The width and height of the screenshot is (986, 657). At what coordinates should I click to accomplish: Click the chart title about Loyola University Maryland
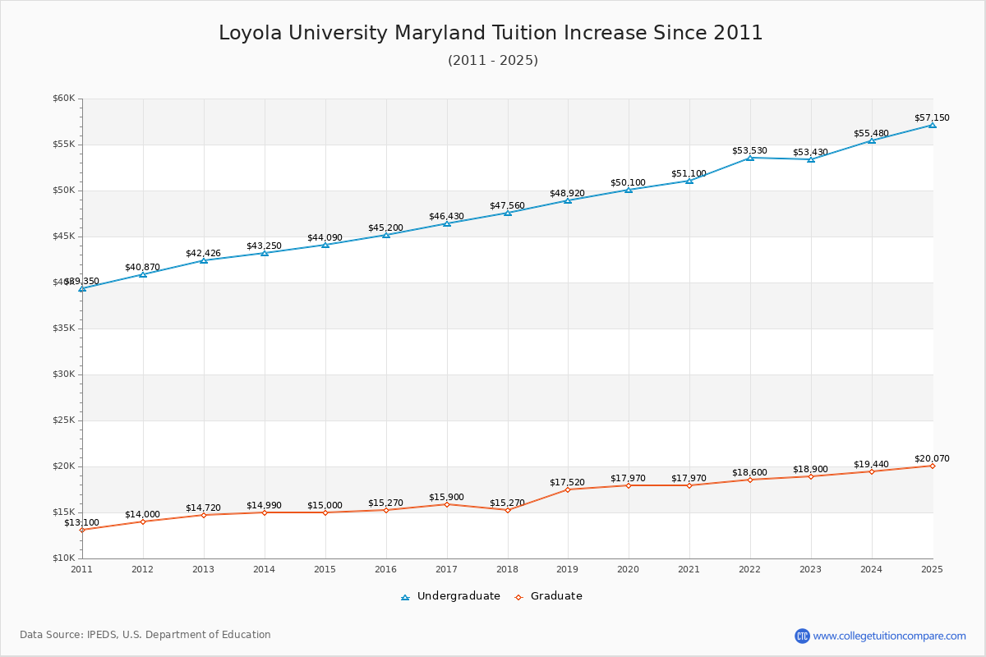click(491, 33)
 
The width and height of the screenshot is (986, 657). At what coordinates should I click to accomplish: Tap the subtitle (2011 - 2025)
click(493, 61)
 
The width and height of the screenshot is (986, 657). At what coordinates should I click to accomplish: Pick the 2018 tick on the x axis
click(507, 568)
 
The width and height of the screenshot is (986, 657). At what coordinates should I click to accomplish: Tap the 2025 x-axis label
click(932, 568)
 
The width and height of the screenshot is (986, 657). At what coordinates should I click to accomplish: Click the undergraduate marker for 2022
click(750, 158)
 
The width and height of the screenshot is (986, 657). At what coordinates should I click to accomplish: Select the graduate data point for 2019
click(568, 489)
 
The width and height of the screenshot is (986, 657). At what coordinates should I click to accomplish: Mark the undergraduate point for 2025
click(933, 125)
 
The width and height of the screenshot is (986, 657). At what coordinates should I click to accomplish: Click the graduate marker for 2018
click(507, 510)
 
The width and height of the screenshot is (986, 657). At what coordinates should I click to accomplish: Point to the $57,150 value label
click(932, 117)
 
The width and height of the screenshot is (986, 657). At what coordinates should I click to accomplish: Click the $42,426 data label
click(203, 253)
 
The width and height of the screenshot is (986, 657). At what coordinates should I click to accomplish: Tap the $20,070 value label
click(932, 458)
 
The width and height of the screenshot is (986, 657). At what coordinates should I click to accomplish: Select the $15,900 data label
click(446, 497)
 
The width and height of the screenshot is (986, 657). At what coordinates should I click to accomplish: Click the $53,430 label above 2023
click(810, 152)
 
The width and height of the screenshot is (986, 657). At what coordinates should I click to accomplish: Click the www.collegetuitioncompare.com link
click(889, 636)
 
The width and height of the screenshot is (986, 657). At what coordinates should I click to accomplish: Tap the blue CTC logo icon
click(802, 636)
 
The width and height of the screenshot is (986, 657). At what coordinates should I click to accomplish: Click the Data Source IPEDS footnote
click(145, 635)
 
